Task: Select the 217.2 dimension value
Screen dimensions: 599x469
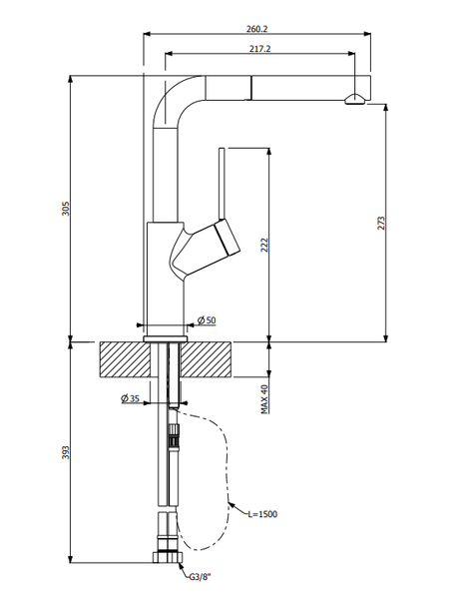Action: tap(255, 46)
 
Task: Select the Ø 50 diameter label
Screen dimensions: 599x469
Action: tap(208, 319)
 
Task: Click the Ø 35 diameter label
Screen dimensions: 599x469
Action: tap(130, 398)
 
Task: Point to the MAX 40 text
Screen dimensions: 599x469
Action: tap(265, 398)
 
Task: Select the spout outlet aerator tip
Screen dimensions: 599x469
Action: tap(354, 98)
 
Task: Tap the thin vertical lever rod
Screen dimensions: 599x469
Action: tap(221, 185)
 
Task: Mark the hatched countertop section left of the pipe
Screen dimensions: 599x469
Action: tap(125, 358)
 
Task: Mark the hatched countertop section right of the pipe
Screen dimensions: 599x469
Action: tap(208, 358)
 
